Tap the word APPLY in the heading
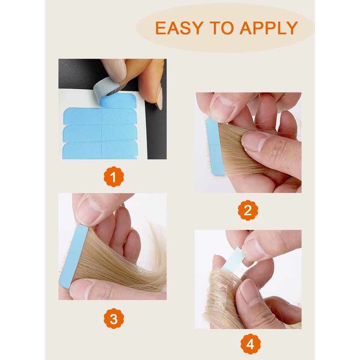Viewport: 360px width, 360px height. [269, 28]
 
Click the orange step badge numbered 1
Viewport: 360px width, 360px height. [114, 177]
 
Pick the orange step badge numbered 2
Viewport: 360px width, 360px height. [248, 210]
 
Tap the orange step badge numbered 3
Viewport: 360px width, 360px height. [114, 319]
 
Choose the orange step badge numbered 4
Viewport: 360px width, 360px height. [251, 344]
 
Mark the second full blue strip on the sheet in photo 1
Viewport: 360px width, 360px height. [100, 133]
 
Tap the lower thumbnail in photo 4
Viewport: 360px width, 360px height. [250, 292]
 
